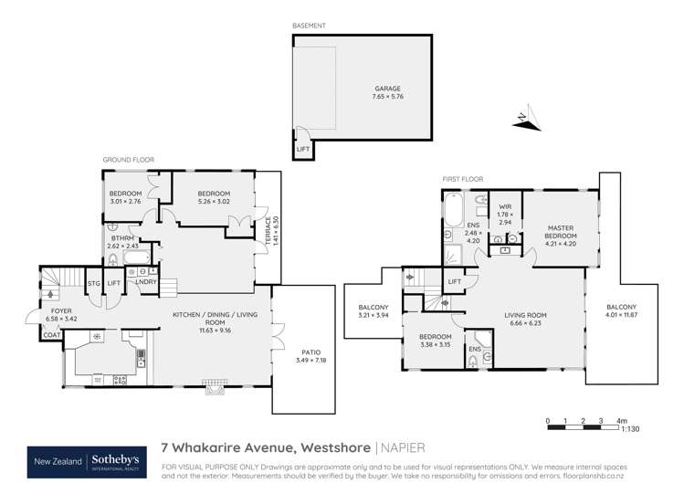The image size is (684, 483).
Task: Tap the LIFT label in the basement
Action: click(x=302, y=148)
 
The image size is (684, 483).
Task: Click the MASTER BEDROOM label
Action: click(x=560, y=232)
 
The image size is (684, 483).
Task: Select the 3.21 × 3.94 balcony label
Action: click(x=374, y=311)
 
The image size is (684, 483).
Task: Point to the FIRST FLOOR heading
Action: click(x=463, y=179)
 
